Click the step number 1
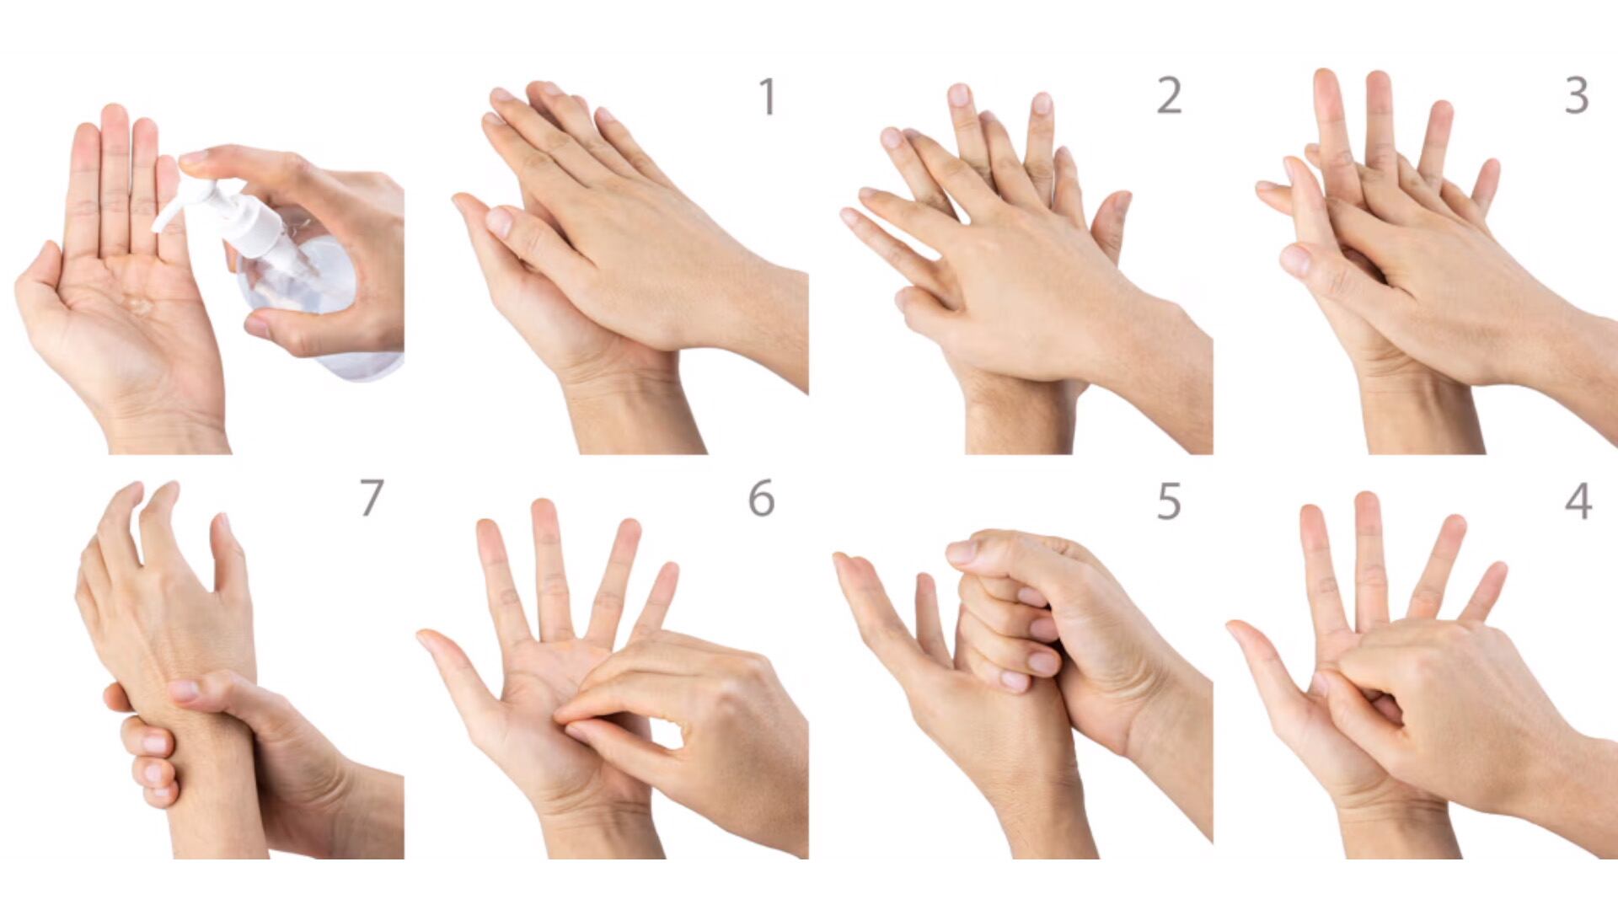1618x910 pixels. click(x=767, y=97)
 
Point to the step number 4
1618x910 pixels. click(x=1578, y=501)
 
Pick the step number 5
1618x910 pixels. click(x=1169, y=501)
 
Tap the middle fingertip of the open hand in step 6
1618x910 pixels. click(x=544, y=510)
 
